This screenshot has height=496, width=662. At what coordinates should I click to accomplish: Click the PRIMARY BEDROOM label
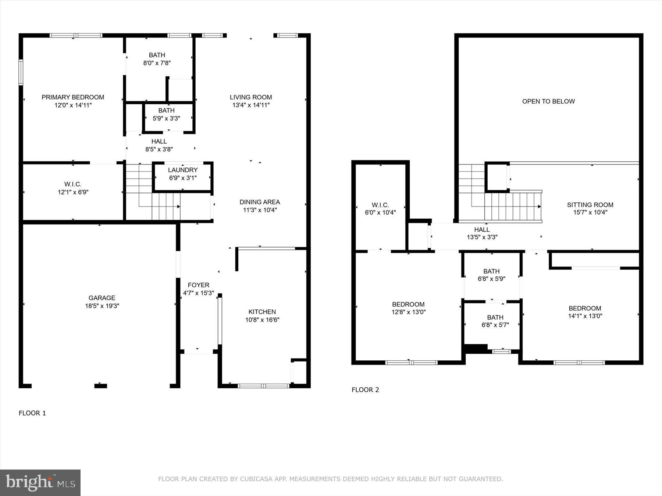coord(73,97)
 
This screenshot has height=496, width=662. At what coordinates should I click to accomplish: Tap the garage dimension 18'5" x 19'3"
coord(102,306)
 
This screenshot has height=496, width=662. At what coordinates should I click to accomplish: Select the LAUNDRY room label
coord(183,170)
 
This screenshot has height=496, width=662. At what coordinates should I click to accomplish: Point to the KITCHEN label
coord(262,312)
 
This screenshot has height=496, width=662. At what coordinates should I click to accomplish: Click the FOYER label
coord(198,285)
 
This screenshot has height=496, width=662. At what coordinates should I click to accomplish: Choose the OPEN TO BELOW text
coord(548,101)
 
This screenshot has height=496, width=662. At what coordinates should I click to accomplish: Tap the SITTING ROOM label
coord(590,205)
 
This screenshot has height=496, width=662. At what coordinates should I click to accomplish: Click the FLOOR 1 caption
coord(32,413)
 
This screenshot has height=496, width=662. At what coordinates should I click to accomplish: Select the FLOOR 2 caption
coord(365,390)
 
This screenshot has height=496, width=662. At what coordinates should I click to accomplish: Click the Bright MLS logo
coord(40,482)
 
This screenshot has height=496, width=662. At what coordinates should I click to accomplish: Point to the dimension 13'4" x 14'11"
coord(251,105)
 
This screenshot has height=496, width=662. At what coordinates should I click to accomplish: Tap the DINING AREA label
coord(260,202)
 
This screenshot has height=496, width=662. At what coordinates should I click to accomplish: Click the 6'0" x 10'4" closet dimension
coord(380,212)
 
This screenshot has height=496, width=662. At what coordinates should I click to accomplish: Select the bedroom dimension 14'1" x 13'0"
coord(585,316)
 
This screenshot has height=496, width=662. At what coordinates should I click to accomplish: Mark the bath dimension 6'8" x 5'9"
coord(491,279)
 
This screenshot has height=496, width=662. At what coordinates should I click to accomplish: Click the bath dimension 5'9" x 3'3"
coord(166,118)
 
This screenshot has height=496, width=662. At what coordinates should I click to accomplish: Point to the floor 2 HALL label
coord(482,230)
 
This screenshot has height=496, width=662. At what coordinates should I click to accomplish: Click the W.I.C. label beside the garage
coord(73,184)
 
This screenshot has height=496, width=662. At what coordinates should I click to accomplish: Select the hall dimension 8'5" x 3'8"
coord(159,149)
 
